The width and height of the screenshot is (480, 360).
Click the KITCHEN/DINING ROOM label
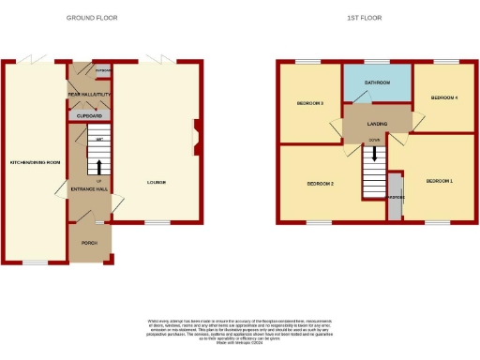point(35,162)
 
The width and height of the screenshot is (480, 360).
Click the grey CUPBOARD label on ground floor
point(90,115)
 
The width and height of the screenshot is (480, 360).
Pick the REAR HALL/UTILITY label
point(90,93)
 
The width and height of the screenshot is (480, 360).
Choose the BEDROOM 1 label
point(440,180)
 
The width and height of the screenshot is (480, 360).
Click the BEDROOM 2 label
point(321,184)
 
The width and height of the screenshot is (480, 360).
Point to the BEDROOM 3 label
point(310,103)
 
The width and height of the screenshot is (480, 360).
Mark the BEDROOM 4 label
point(444,97)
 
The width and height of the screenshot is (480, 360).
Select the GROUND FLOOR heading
point(91,18)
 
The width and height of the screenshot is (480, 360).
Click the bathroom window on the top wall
point(377,62)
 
